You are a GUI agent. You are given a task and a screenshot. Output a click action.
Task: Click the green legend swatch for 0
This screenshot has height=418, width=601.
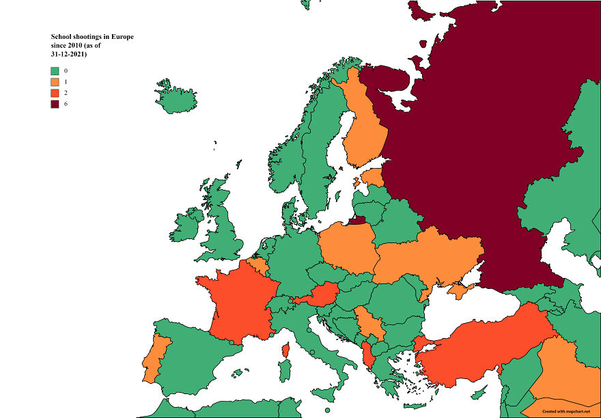pyautogui.click(x=55, y=70)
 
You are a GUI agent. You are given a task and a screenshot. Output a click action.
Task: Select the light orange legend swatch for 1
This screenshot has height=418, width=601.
pyautogui.click(x=55, y=81)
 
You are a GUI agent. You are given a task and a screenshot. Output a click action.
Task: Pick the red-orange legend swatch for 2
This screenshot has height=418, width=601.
pyautogui.click(x=55, y=92)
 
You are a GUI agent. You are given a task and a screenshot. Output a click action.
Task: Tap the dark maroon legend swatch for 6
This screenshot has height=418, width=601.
pyautogui.click(x=55, y=103)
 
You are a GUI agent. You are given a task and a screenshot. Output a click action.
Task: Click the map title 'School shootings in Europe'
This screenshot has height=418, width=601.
pyautogui.click(x=92, y=36)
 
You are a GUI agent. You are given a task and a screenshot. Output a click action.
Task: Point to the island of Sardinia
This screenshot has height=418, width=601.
pyautogui.click(x=285, y=372)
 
